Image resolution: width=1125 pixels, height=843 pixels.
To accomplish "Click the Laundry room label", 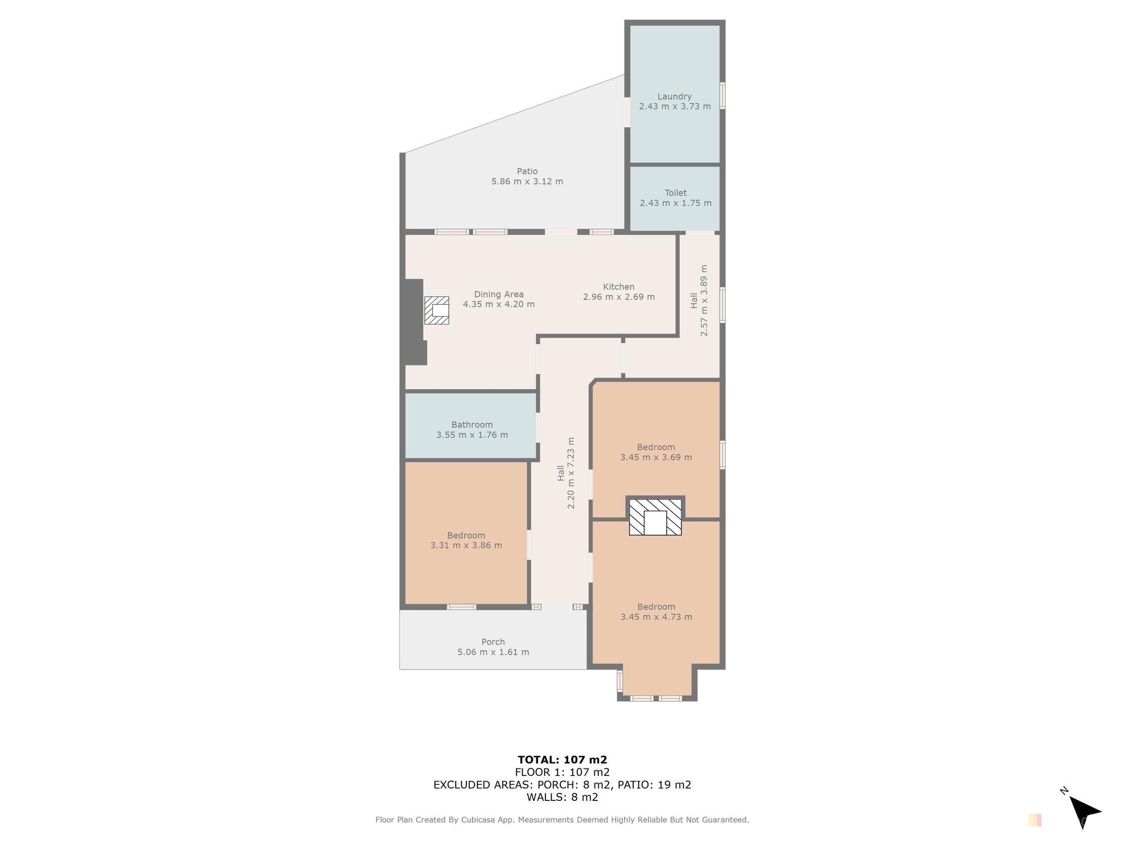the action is (x=674, y=96).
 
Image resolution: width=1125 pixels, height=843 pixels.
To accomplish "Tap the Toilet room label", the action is (x=675, y=193).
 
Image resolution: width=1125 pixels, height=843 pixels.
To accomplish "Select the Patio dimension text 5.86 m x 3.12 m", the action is (x=527, y=182).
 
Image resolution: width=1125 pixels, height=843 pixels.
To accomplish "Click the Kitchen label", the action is (x=619, y=287).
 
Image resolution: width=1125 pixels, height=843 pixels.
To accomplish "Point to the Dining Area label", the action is (x=498, y=294).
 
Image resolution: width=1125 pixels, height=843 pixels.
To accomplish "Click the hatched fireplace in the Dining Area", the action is (x=436, y=310).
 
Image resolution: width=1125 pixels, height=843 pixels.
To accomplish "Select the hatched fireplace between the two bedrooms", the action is (x=655, y=517).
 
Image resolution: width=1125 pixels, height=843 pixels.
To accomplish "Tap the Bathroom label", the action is (x=472, y=425).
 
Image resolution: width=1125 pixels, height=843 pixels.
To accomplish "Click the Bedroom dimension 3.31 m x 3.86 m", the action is (x=466, y=546).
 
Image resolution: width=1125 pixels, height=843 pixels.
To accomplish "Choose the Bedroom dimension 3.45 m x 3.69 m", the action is (x=656, y=458).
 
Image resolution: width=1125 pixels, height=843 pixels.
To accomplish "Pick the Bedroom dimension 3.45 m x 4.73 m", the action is (x=656, y=617).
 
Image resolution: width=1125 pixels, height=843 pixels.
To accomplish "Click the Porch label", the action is (x=493, y=642).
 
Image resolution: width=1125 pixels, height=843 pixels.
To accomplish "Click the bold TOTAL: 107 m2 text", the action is (x=562, y=760).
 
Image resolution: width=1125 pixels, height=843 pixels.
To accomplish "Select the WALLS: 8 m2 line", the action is (x=562, y=797).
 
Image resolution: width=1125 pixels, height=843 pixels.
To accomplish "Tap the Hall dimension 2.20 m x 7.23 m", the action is (x=571, y=473).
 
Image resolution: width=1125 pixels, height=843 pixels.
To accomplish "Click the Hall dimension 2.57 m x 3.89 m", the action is (x=704, y=300).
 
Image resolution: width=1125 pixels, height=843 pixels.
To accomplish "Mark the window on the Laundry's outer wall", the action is (x=723, y=95).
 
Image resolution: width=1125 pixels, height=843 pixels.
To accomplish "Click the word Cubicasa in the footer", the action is (x=478, y=820).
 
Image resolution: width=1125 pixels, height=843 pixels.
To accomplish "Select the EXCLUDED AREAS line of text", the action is (x=562, y=785).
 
